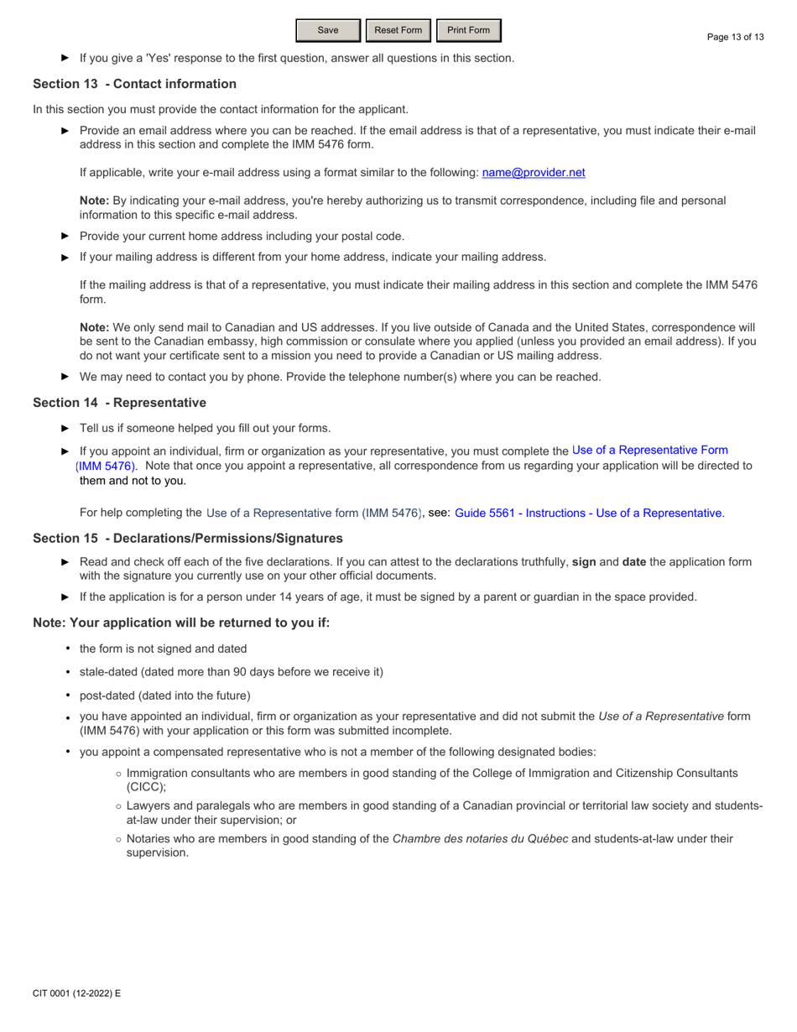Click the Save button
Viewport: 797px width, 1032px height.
(x=328, y=31)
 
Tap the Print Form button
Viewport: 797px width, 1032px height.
(x=468, y=31)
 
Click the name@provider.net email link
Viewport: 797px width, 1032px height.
(x=534, y=172)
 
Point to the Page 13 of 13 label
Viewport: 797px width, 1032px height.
(x=736, y=37)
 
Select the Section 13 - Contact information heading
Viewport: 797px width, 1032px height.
(x=134, y=84)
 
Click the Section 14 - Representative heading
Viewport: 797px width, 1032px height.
(x=119, y=403)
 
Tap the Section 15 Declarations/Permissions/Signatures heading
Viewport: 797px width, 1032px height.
(x=187, y=538)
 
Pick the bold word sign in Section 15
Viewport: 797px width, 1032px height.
(x=584, y=562)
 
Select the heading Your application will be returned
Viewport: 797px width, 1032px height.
(x=175, y=622)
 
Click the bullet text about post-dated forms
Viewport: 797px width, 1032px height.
(x=164, y=696)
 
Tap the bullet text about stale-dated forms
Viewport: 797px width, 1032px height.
(x=231, y=672)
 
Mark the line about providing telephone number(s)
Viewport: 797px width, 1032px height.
(x=340, y=377)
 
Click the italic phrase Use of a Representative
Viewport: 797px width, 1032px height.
(x=661, y=716)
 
